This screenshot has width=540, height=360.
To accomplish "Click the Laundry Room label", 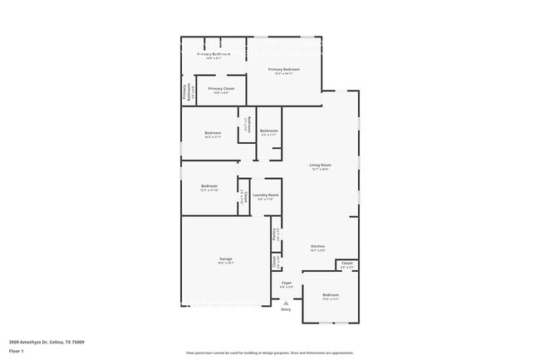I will (x=266, y=196).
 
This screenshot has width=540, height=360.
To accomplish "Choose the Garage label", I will (x=226, y=260).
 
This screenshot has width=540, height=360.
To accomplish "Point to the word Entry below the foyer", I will (x=286, y=309).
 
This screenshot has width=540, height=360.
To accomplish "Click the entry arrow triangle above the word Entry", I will (x=286, y=303).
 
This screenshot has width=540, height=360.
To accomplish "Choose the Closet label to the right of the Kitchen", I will (x=347, y=264).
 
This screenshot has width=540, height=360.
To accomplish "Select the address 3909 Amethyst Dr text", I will (x=47, y=342).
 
